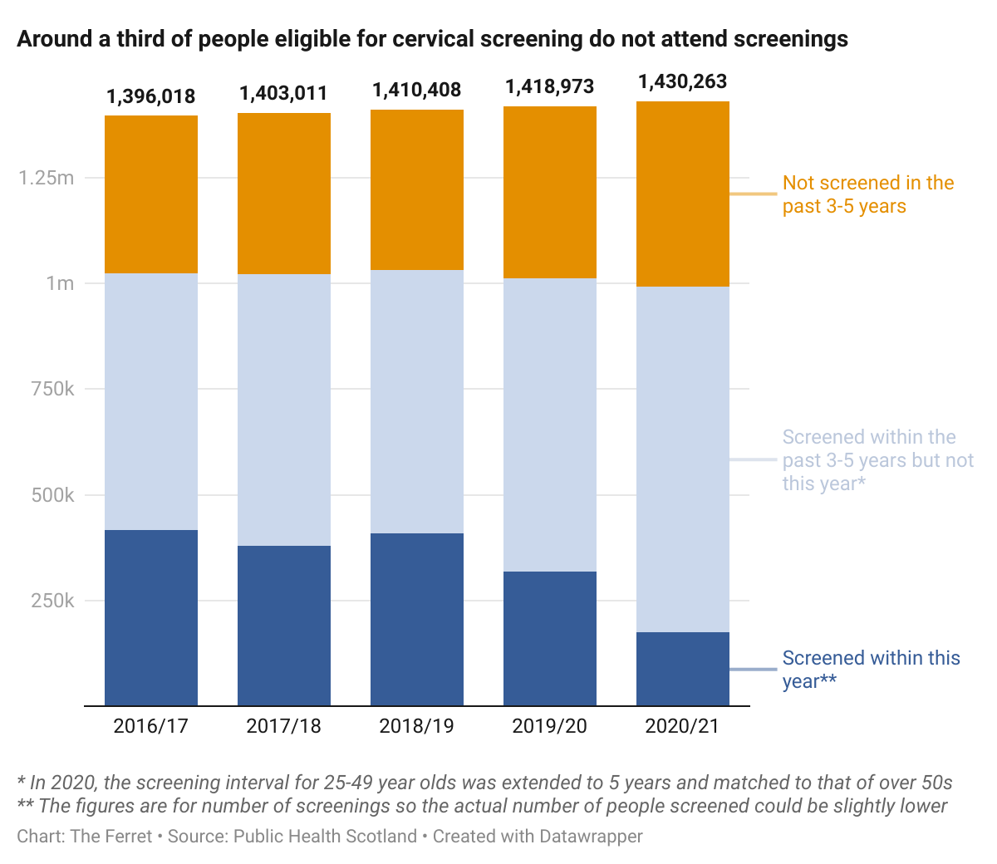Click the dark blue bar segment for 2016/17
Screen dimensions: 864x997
[x=151, y=617]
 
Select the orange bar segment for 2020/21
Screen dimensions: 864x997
[x=683, y=194]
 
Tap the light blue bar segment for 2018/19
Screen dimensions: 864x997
[x=417, y=401]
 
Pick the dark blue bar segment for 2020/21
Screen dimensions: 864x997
[x=683, y=669]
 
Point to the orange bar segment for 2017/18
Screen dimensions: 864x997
[x=284, y=194]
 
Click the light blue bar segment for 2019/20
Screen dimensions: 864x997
[x=550, y=425]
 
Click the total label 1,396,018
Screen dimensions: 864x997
[x=151, y=96]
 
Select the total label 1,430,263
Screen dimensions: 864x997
[x=683, y=81]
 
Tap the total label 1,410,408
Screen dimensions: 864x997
[x=417, y=90]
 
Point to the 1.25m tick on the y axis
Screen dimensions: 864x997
[x=47, y=178]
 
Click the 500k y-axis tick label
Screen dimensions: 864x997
[x=52, y=495]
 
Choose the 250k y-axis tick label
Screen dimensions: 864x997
[x=52, y=601]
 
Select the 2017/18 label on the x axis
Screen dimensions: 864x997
[x=284, y=726]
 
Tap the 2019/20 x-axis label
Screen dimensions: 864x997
[x=550, y=726]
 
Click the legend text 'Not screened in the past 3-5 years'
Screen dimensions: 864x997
[x=867, y=194]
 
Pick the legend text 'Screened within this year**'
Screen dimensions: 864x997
[x=871, y=670]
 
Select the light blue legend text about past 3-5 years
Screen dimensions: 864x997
[x=877, y=460]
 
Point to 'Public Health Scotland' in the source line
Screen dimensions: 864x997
[x=325, y=836]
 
